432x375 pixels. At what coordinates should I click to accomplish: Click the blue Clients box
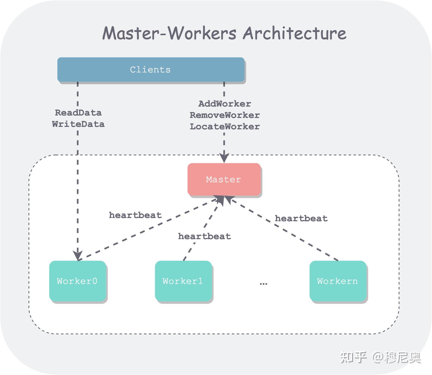[151, 69]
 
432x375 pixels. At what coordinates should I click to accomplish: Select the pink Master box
[224, 179]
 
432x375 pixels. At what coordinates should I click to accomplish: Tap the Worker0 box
[77, 281]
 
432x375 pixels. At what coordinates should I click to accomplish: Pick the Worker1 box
[183, 281]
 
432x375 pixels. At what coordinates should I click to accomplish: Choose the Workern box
[338, 281]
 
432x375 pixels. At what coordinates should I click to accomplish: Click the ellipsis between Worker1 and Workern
[263, 283]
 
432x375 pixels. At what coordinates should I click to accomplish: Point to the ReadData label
[78, 113]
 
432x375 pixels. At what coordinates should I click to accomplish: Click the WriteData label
[78, 124]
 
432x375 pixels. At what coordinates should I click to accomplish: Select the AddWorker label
[225, 104]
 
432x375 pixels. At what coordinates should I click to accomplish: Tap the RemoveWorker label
[225, 115]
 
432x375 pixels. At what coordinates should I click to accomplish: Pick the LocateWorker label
[225, 126]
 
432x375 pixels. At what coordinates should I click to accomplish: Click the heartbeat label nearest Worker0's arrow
[135, 215]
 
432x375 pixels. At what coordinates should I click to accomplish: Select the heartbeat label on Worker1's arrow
[204, 236]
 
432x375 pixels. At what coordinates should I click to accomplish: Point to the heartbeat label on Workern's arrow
[301, 218]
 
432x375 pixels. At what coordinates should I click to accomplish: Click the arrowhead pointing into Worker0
[78, 255]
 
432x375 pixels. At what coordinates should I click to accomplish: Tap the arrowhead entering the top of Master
[224, 158]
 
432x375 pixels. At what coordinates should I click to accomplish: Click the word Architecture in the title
[294, 33]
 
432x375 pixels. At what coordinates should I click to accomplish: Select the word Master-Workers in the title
[169, 33]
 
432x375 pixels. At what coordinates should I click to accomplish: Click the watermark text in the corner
[380, 357]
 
